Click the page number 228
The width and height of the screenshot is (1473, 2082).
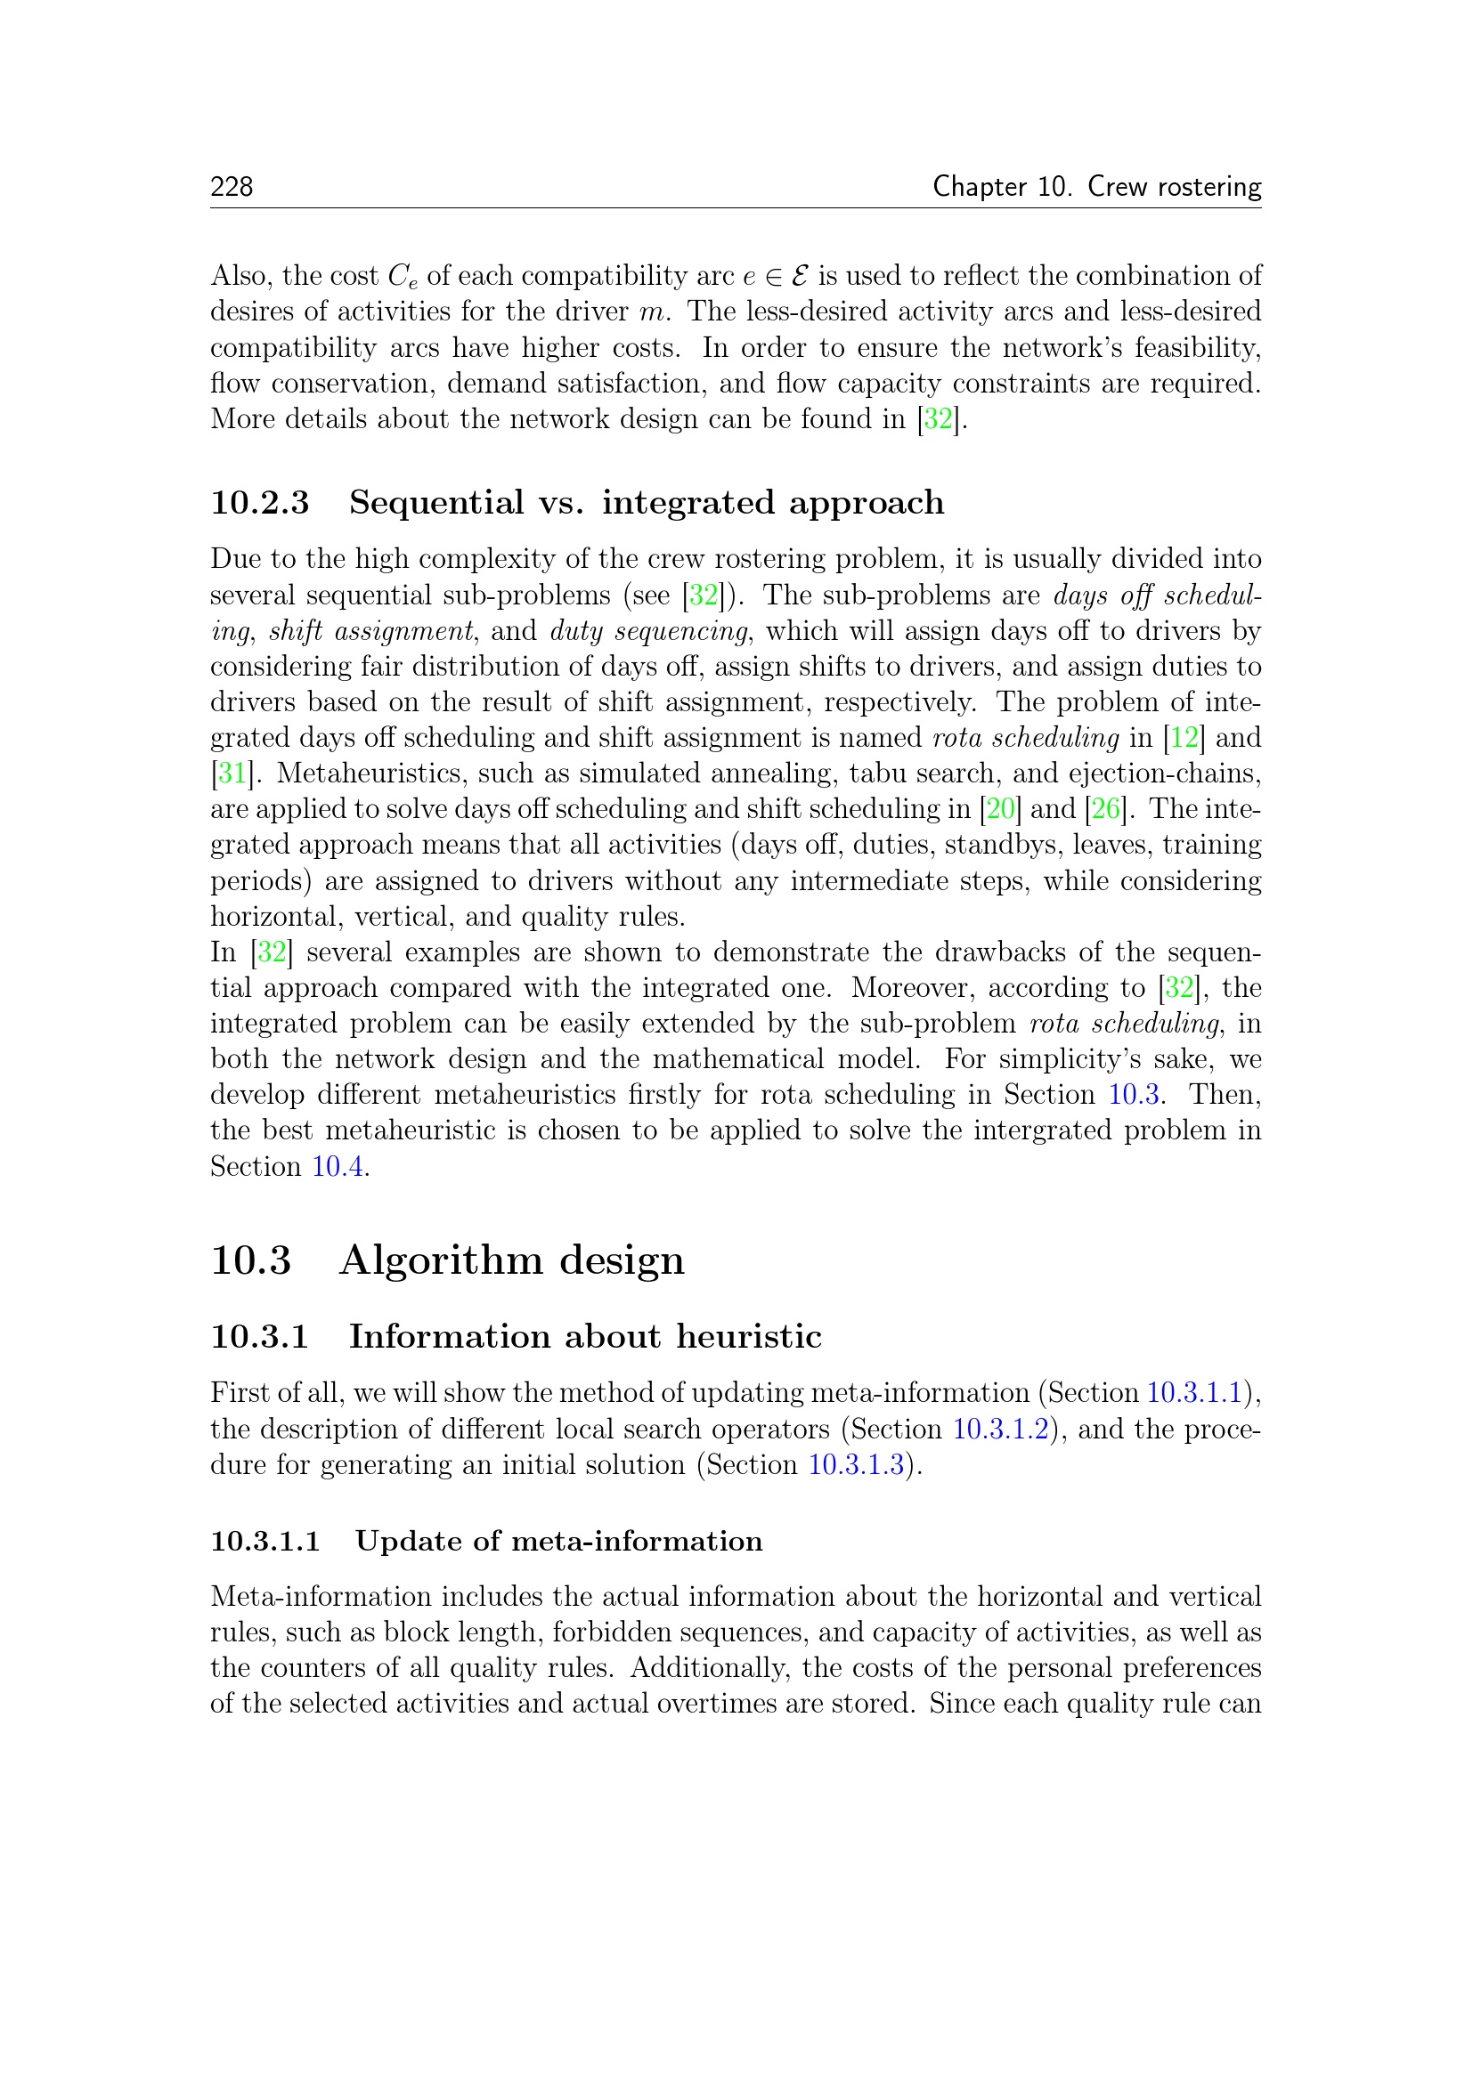coord(232,187)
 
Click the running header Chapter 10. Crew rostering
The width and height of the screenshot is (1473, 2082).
coord(1096,187)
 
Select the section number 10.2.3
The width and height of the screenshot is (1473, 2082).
coord(260,503)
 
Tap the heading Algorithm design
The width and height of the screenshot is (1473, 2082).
coord(511,1260)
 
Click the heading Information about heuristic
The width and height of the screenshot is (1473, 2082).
coord(585,1337)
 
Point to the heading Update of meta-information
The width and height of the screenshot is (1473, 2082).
coord(558,1542)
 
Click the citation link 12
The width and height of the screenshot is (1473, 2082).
coord(1184,738)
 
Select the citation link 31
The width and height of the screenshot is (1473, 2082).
coord(232,774)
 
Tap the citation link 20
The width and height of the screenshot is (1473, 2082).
coord(999,809)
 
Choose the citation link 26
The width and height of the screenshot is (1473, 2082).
coord(1104,809)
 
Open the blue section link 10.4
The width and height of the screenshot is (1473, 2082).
coord(338,1167)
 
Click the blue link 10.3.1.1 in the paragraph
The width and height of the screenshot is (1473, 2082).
coord(1193,1393)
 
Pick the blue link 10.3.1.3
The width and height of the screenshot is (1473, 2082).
coord(856,1464)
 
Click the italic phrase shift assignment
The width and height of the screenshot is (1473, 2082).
coord(371,631)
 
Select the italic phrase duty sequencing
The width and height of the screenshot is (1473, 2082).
coord(648,631)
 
